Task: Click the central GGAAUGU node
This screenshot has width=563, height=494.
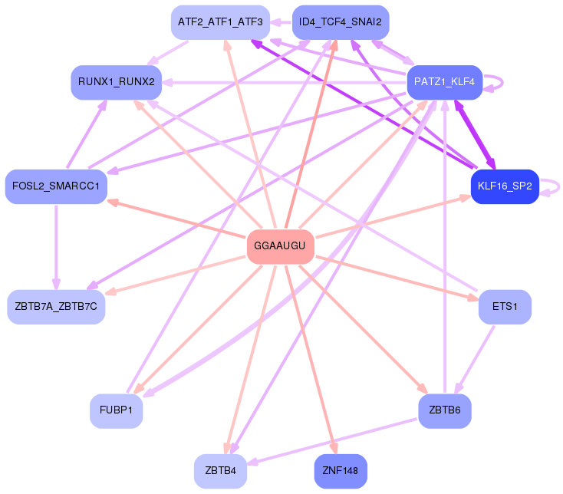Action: (280, 246)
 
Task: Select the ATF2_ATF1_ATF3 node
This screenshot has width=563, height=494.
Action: (219, 22)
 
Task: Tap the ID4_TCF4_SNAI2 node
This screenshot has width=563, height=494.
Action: (340, 22)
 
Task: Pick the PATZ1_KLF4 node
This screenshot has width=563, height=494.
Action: (444, 81)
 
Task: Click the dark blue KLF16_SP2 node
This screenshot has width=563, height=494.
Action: (505, 186)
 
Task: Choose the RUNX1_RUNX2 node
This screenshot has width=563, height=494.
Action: (116, 81)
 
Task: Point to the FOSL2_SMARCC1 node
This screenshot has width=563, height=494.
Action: (56, 186)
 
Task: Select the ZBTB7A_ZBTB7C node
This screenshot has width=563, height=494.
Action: (56, 307)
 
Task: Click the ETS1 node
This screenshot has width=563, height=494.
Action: (505, 307)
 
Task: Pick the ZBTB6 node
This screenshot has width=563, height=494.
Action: (444, 411)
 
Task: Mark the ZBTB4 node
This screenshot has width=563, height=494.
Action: (219, 470)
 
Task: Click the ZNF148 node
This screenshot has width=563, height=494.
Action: (340, 470)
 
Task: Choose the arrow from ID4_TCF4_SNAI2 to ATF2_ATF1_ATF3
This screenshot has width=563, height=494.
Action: (280, 22)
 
